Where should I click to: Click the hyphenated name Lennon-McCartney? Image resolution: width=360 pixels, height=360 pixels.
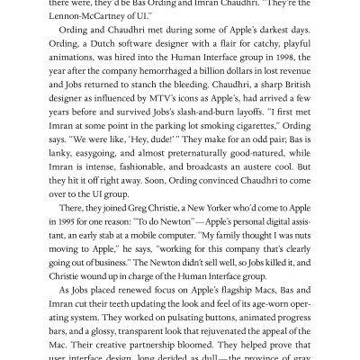pos(98,20)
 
